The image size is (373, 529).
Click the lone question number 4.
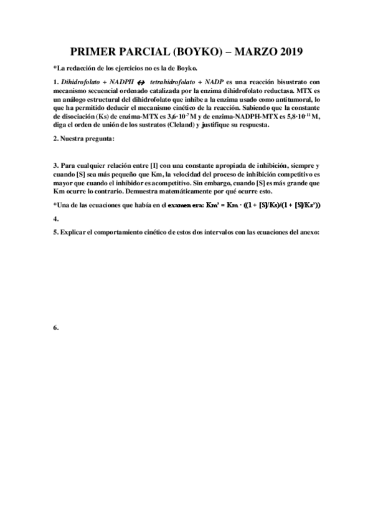click(x=55, y=219)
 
